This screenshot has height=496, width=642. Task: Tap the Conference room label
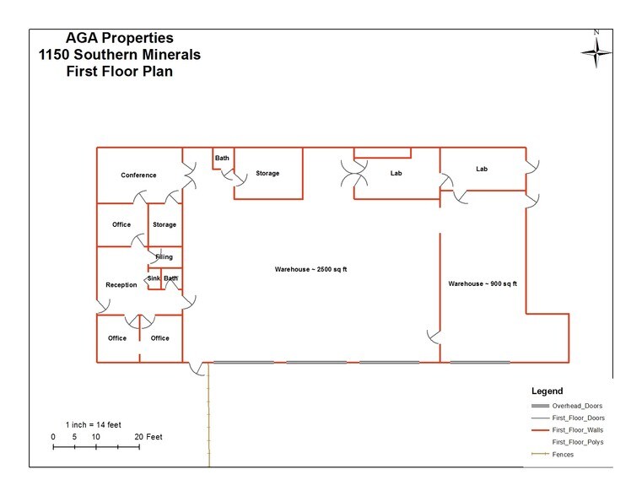138,175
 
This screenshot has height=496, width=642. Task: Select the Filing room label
164,256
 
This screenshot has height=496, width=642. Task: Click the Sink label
154,278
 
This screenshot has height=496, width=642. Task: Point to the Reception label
121,285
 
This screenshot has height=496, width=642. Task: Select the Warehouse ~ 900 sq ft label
482,283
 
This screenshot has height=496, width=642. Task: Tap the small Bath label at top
222,158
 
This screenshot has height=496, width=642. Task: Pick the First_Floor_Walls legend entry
577,429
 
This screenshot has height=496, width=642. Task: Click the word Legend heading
546,391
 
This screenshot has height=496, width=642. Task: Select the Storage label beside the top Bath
267,174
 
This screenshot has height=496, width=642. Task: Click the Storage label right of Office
165,224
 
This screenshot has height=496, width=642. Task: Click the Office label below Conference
121,224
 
